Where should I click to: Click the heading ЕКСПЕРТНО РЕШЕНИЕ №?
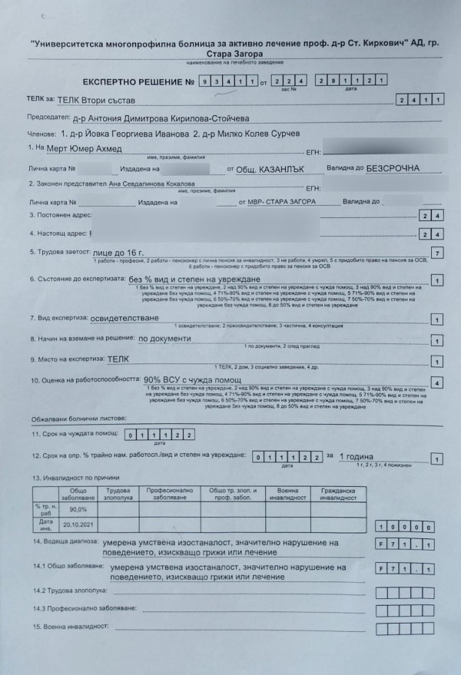click(x=135, y=81)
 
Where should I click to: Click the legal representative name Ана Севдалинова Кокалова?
click(x=142, y=184)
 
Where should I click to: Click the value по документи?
click(x=164, y=338)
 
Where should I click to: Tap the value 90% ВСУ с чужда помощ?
click(x=192, y=379)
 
